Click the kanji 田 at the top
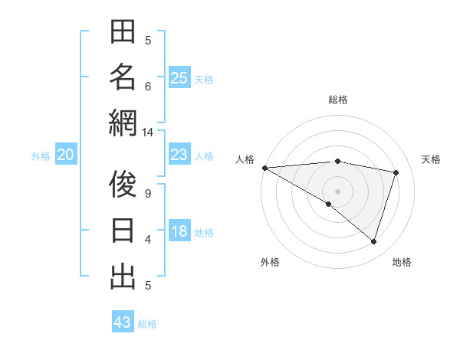coord(123,33)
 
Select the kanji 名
coord(123,77)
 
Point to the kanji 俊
coord(123,185)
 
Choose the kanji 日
coord(123,231)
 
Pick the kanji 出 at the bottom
coord(123,277)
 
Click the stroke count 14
coord(148,133)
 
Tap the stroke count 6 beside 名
coord(148,86)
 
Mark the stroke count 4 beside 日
coord(148,239)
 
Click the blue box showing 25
coord(179,77)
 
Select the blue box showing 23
coord(179,155)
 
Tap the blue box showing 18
coord(179,231)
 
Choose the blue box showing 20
coord(65,155)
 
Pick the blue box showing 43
coord(123,322)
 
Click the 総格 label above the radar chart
coord(337,100)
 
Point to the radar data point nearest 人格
coord(264,168)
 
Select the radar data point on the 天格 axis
coord(396,172)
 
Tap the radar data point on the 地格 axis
coord(373,241)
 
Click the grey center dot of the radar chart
coord(337,191)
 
